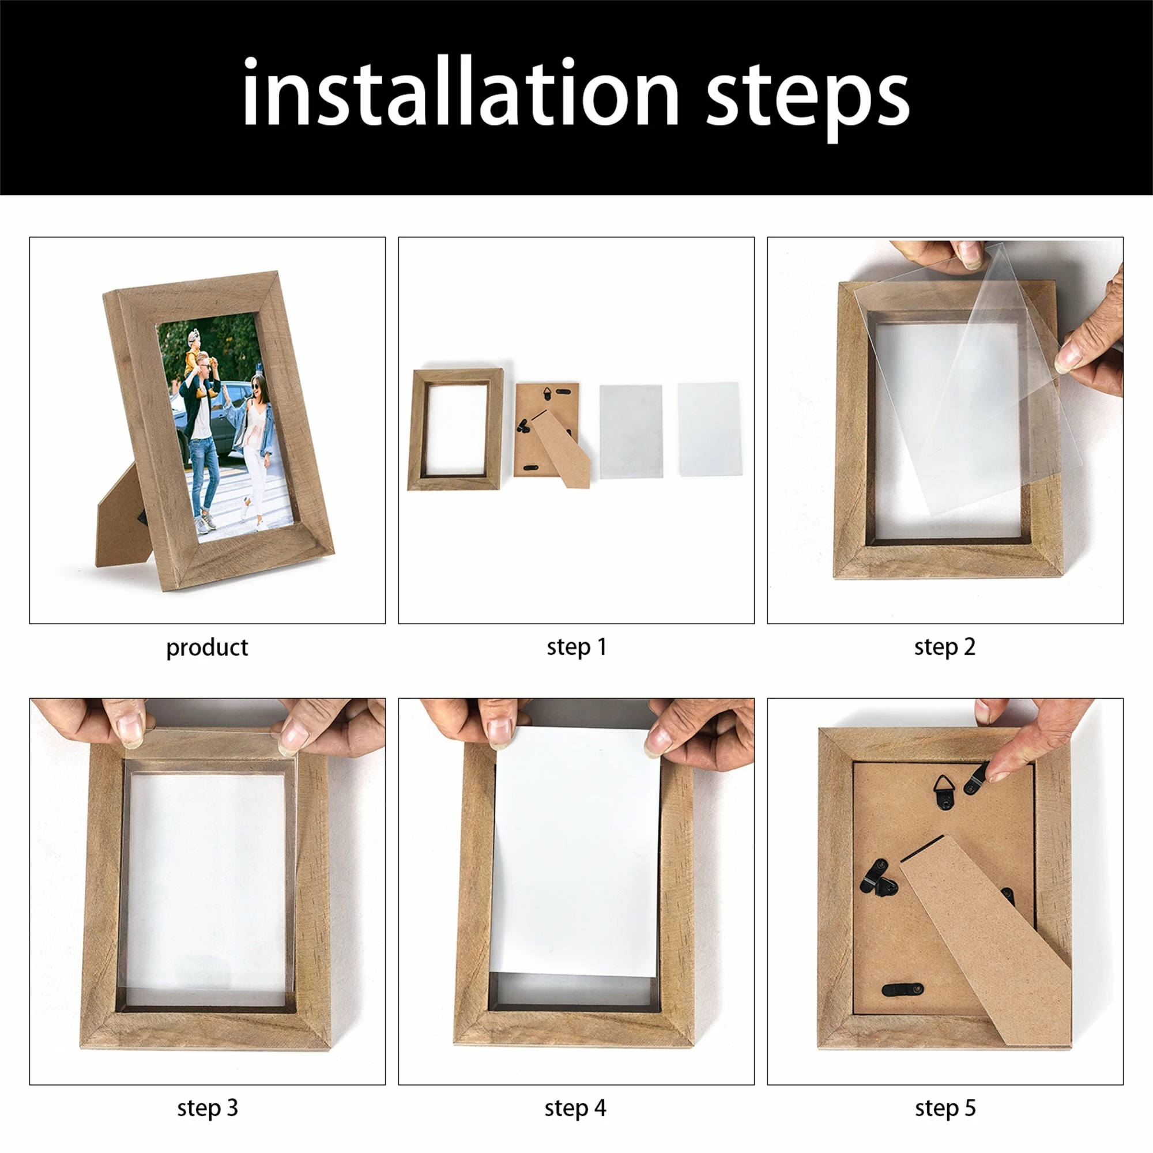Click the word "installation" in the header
460,92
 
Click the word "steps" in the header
808,99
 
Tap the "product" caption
206,647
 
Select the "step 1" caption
576,647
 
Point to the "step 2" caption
945,647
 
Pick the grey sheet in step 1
631,431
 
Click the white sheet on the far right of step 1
709,429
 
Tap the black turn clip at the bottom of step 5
902,989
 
